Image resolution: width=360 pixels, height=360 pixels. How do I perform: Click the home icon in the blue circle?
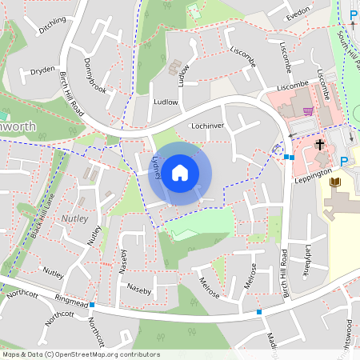pyautogui.click(x=180, y=173)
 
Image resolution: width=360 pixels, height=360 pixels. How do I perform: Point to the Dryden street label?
pyautogui.click(x=42, y=70)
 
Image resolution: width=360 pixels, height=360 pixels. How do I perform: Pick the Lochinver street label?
pyautogui.click(x=206, y=126)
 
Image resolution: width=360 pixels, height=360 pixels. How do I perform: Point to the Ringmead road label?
pyautogui.click(x=72, y=299)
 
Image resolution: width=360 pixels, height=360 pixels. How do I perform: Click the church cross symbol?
pyautogui.click(x=320, y=146)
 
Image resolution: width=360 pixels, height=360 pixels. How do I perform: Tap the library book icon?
pyautogui.click(x=334, y=184)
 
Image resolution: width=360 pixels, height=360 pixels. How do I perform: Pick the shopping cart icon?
pyautogui.click(x=308, y=111)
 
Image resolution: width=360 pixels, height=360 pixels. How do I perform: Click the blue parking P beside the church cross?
pyautogui.click(x=344, y=162)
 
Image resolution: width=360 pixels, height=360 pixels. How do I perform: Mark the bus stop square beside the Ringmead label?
pyautogui.click(x=93, y=305)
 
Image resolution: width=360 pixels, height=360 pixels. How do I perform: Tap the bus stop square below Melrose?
pyautogui.click(x=259, y=311)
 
